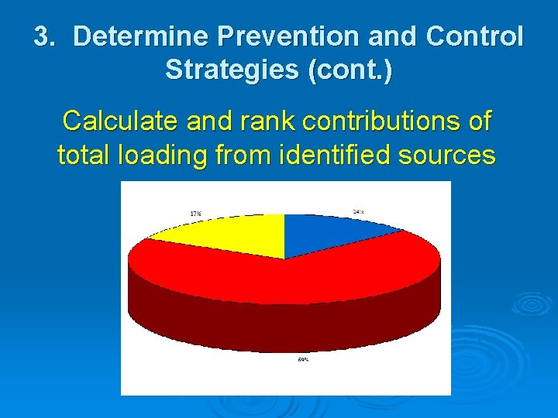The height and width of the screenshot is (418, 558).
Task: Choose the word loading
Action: pos(160,155)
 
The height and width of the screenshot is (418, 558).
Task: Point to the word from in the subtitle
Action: pos(239,155)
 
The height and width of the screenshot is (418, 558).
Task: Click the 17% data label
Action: pos(196,213)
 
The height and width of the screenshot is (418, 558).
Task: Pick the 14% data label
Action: pos(359,211)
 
